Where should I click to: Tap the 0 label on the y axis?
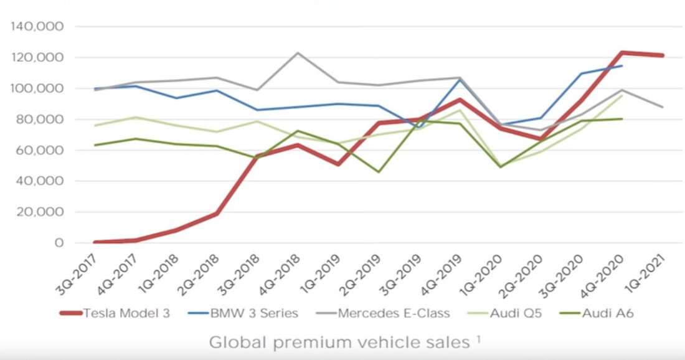59,243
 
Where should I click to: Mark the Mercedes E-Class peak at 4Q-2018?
298,53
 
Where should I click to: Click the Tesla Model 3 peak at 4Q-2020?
621,53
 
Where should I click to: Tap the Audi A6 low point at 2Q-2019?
379,172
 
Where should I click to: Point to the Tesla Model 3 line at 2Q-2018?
217,214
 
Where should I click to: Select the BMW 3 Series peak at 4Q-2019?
460,79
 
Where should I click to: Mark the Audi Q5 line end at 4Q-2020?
621,95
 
